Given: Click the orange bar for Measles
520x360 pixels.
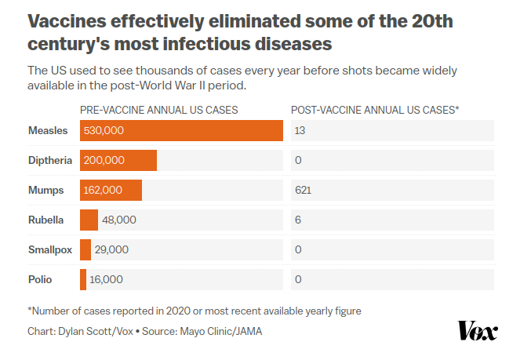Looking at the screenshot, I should (x=181, y=130).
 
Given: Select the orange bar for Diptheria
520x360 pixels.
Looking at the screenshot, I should (x=118, y=160).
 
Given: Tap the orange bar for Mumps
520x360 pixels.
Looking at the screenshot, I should (x=111, y=190).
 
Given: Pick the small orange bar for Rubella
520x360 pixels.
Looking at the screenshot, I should (x=89, y=220).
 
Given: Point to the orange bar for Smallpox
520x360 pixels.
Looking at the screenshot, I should (x=85, y=249).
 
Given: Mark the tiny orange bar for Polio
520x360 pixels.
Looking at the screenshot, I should (x=83, y=279).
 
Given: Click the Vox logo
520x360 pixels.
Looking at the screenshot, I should (x=477, y=330).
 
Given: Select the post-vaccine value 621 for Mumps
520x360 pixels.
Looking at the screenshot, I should (x=304, y=190).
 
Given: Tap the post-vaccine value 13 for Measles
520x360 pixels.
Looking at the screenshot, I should (x=300, y=130).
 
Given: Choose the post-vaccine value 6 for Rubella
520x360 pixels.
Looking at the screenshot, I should (x=297, y=220).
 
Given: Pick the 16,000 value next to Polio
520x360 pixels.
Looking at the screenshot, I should (x=106, y=279).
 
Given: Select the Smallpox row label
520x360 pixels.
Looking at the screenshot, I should (x=49, y=249).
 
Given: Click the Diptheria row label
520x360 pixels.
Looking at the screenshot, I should (x=49, y=160).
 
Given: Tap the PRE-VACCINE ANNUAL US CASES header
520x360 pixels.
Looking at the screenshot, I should (x=158, y=110).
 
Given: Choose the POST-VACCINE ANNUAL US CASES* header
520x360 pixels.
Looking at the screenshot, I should (x=375, y=110).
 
